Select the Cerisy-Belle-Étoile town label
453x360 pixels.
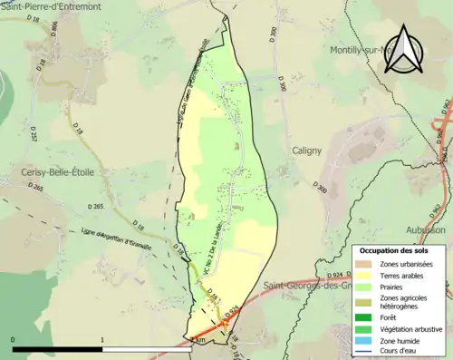tap(57, 171)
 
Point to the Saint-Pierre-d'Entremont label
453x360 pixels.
tap(52, 6)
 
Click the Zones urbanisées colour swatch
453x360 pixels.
tap(364, 262)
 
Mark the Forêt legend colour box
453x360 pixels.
tap(364, 317)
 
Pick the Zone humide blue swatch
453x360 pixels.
tap(364, 341)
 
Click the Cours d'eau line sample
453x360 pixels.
tap(364, 352)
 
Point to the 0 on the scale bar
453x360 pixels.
tap(13, 340)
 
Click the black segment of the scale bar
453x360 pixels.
tap(58, 348)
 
